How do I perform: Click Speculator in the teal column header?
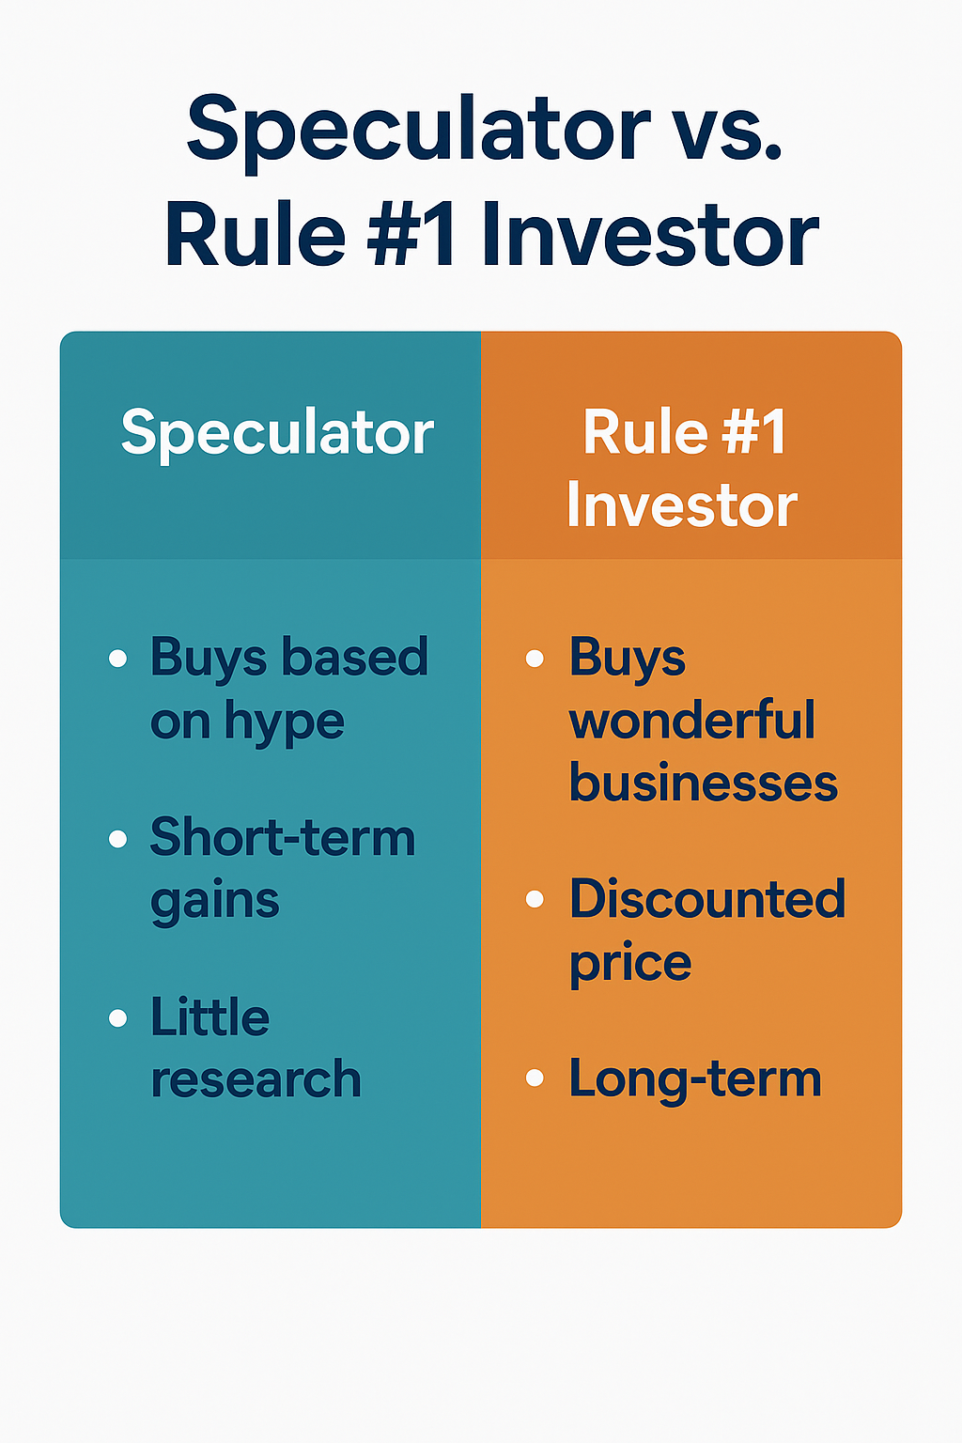point(278,433)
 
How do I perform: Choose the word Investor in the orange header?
point(682,505)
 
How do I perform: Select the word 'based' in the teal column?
point(355,657)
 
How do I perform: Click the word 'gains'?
point(215,902)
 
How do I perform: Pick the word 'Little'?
point(210,1017)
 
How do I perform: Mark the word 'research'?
point(256,1079)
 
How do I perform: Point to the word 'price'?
point(630,965)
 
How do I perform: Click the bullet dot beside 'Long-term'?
point(535,1078)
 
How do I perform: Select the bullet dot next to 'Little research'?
point(118,1017)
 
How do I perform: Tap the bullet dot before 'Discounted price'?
point(535,899)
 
